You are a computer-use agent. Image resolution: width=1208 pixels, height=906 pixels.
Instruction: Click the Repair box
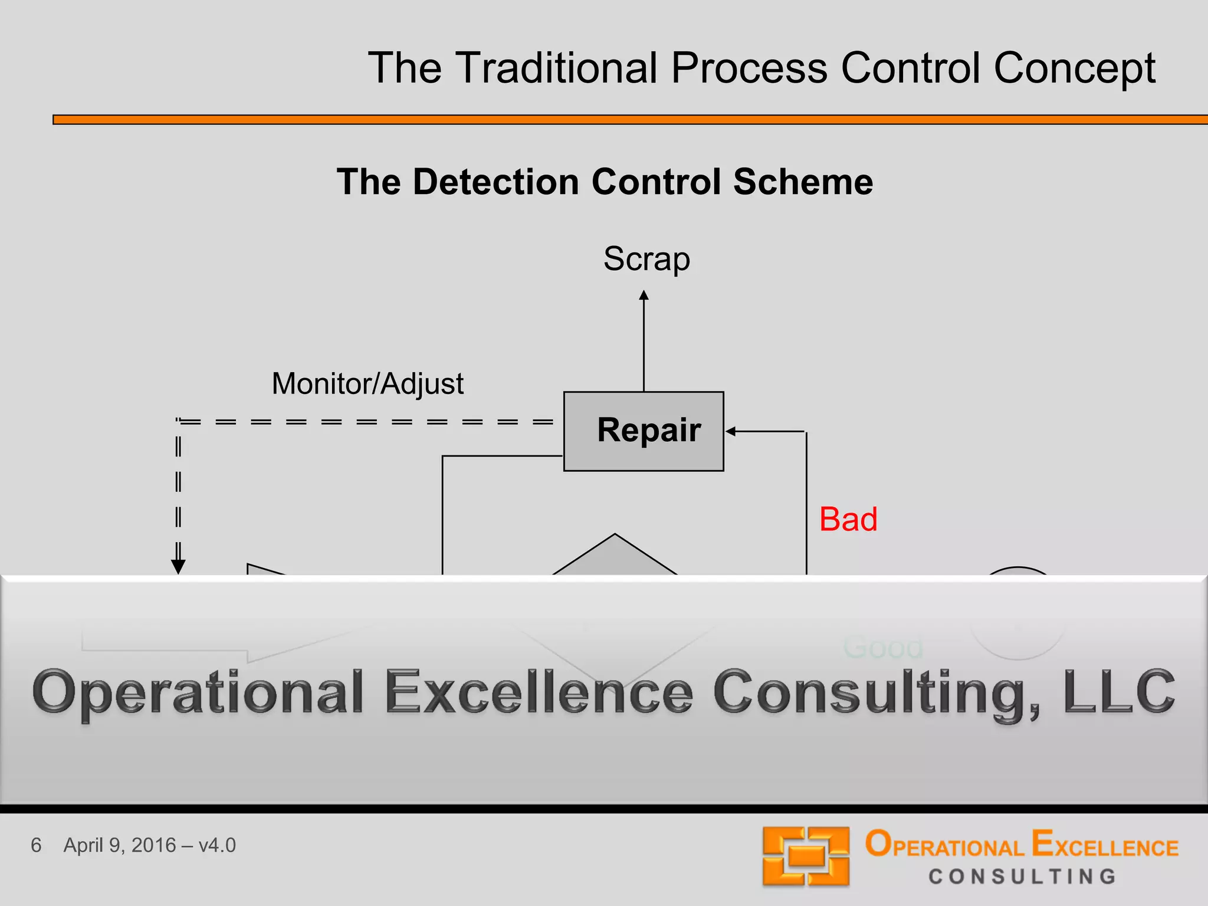click(644, 431)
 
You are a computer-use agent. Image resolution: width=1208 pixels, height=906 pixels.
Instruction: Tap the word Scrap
click(646, 259)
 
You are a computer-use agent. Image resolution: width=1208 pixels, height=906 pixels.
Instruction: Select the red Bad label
click(848, 520)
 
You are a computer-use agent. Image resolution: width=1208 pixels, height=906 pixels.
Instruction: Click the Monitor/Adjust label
click(367, 384)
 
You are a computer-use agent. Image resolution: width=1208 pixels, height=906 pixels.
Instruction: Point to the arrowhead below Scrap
click(644, 295)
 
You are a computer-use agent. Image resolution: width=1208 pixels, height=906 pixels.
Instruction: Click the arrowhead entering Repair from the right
click(730, 431)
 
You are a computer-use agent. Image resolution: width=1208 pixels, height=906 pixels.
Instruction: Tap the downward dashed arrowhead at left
click(178, 567)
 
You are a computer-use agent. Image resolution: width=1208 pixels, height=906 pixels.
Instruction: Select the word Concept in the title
click(1074, 68)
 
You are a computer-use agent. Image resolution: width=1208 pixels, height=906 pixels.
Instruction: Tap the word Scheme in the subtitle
click(803, 182)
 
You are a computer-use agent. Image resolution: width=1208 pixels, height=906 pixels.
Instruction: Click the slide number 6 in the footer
click(36, 845)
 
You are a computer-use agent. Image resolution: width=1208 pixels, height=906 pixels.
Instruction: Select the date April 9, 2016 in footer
click(120, 845)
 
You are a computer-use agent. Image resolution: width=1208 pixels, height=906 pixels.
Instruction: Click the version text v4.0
click(217, 845)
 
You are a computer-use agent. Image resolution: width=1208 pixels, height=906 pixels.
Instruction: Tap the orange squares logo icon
click(806, 856)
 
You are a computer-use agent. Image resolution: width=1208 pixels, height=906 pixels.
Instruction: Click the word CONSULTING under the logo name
click(1023, 877)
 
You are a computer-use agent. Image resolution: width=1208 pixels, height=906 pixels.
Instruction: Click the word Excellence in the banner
click(539, 692)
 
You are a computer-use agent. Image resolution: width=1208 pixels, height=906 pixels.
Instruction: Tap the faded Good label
click(883, 648)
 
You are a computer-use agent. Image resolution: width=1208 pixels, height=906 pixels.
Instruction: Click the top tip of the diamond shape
click(615, 535)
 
